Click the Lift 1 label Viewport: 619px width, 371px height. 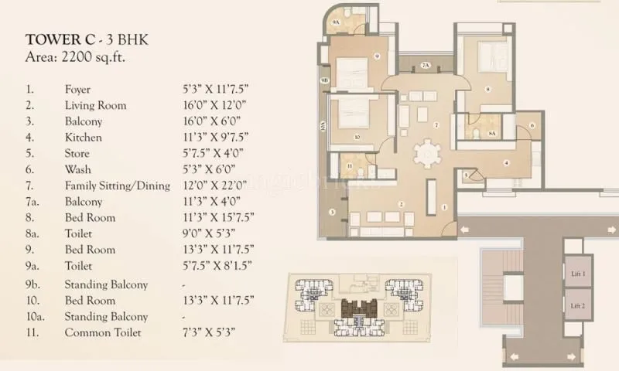point(577,274)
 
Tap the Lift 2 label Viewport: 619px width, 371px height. point(577,307)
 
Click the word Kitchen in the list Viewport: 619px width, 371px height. point(83,138)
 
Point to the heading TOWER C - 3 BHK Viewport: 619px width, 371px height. point(82,39)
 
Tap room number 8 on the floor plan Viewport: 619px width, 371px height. point(487,90)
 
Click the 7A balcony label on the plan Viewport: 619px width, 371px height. point(426,66)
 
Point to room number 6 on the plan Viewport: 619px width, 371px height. point(532,125)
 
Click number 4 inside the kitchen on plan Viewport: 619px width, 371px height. point(505,162)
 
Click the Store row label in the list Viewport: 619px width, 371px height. point(77,153)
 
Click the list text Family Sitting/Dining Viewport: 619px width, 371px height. point(115,185)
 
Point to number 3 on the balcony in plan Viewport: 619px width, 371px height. point(331,211)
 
